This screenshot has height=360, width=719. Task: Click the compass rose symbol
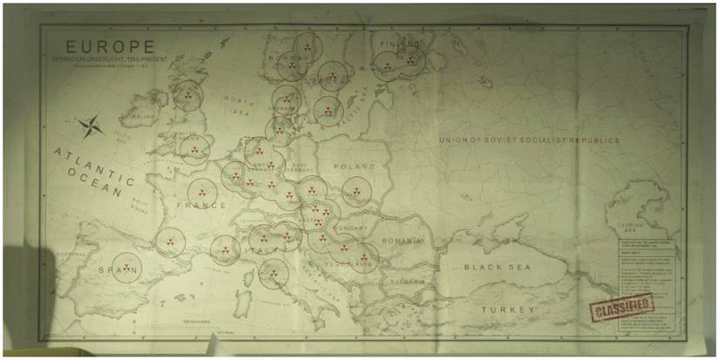tap(91, 127)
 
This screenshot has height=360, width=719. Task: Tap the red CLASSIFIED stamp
tap(621, 307)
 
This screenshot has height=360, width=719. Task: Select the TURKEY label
tap(510, 309)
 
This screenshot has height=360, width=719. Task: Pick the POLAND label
tap(353, 166)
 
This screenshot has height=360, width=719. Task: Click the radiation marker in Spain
tap(126, 268)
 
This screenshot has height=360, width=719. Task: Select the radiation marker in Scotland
tap(187, 95)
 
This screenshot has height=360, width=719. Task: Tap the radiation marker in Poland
tap(356, 191)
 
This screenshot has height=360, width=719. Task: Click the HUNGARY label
tap(350, 228)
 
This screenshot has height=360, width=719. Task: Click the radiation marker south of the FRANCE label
tap(170, 241)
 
